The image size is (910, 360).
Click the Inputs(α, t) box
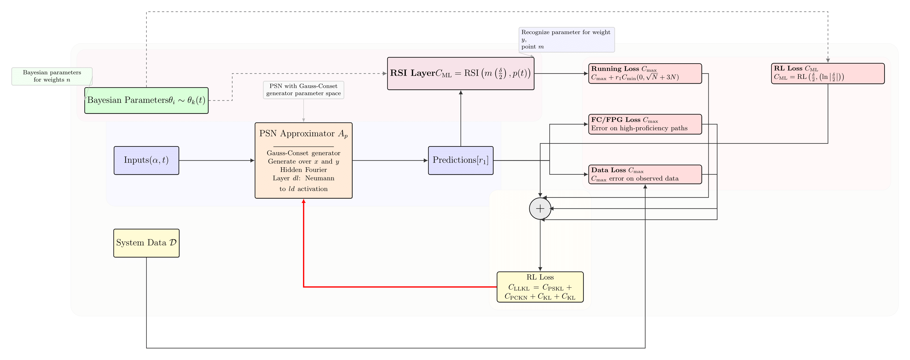pos(146,160)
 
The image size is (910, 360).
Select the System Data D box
pos(146,243)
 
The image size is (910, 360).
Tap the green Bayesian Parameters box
pos(146,100)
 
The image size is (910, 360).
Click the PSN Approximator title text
pos(303,134)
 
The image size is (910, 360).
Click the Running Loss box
pos(645,73)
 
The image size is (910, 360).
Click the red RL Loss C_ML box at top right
pos(827,73)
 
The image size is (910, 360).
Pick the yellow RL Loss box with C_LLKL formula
pos(540,287)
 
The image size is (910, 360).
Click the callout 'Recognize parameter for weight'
pos(566,39)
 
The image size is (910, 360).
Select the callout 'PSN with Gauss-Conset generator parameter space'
pos(303,90)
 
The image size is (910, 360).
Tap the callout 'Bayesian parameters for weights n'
pos(52,76)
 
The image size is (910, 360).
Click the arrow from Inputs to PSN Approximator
pos(216,160)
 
